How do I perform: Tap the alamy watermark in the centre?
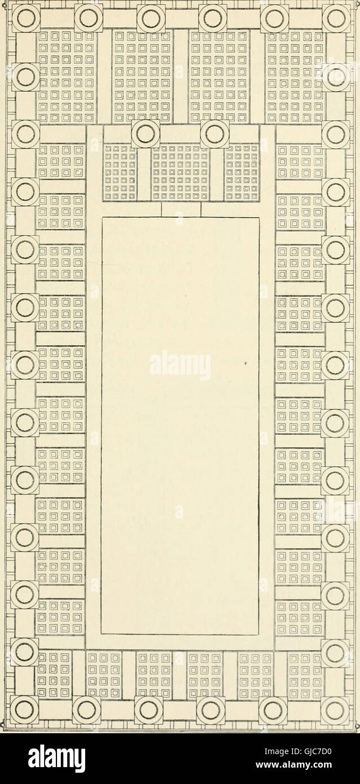click(180, 365)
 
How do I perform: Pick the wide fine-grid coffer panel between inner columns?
click(181, 173)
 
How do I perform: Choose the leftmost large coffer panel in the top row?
click(65, 76)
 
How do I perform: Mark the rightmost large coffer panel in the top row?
click(295, 76)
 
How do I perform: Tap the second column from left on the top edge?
click(88, 18)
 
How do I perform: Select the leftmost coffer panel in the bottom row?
click(54, 674)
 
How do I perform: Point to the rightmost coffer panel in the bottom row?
click(305, 674)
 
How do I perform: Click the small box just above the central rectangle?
click(181, 210)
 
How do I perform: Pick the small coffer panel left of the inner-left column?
click(120, 173)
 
